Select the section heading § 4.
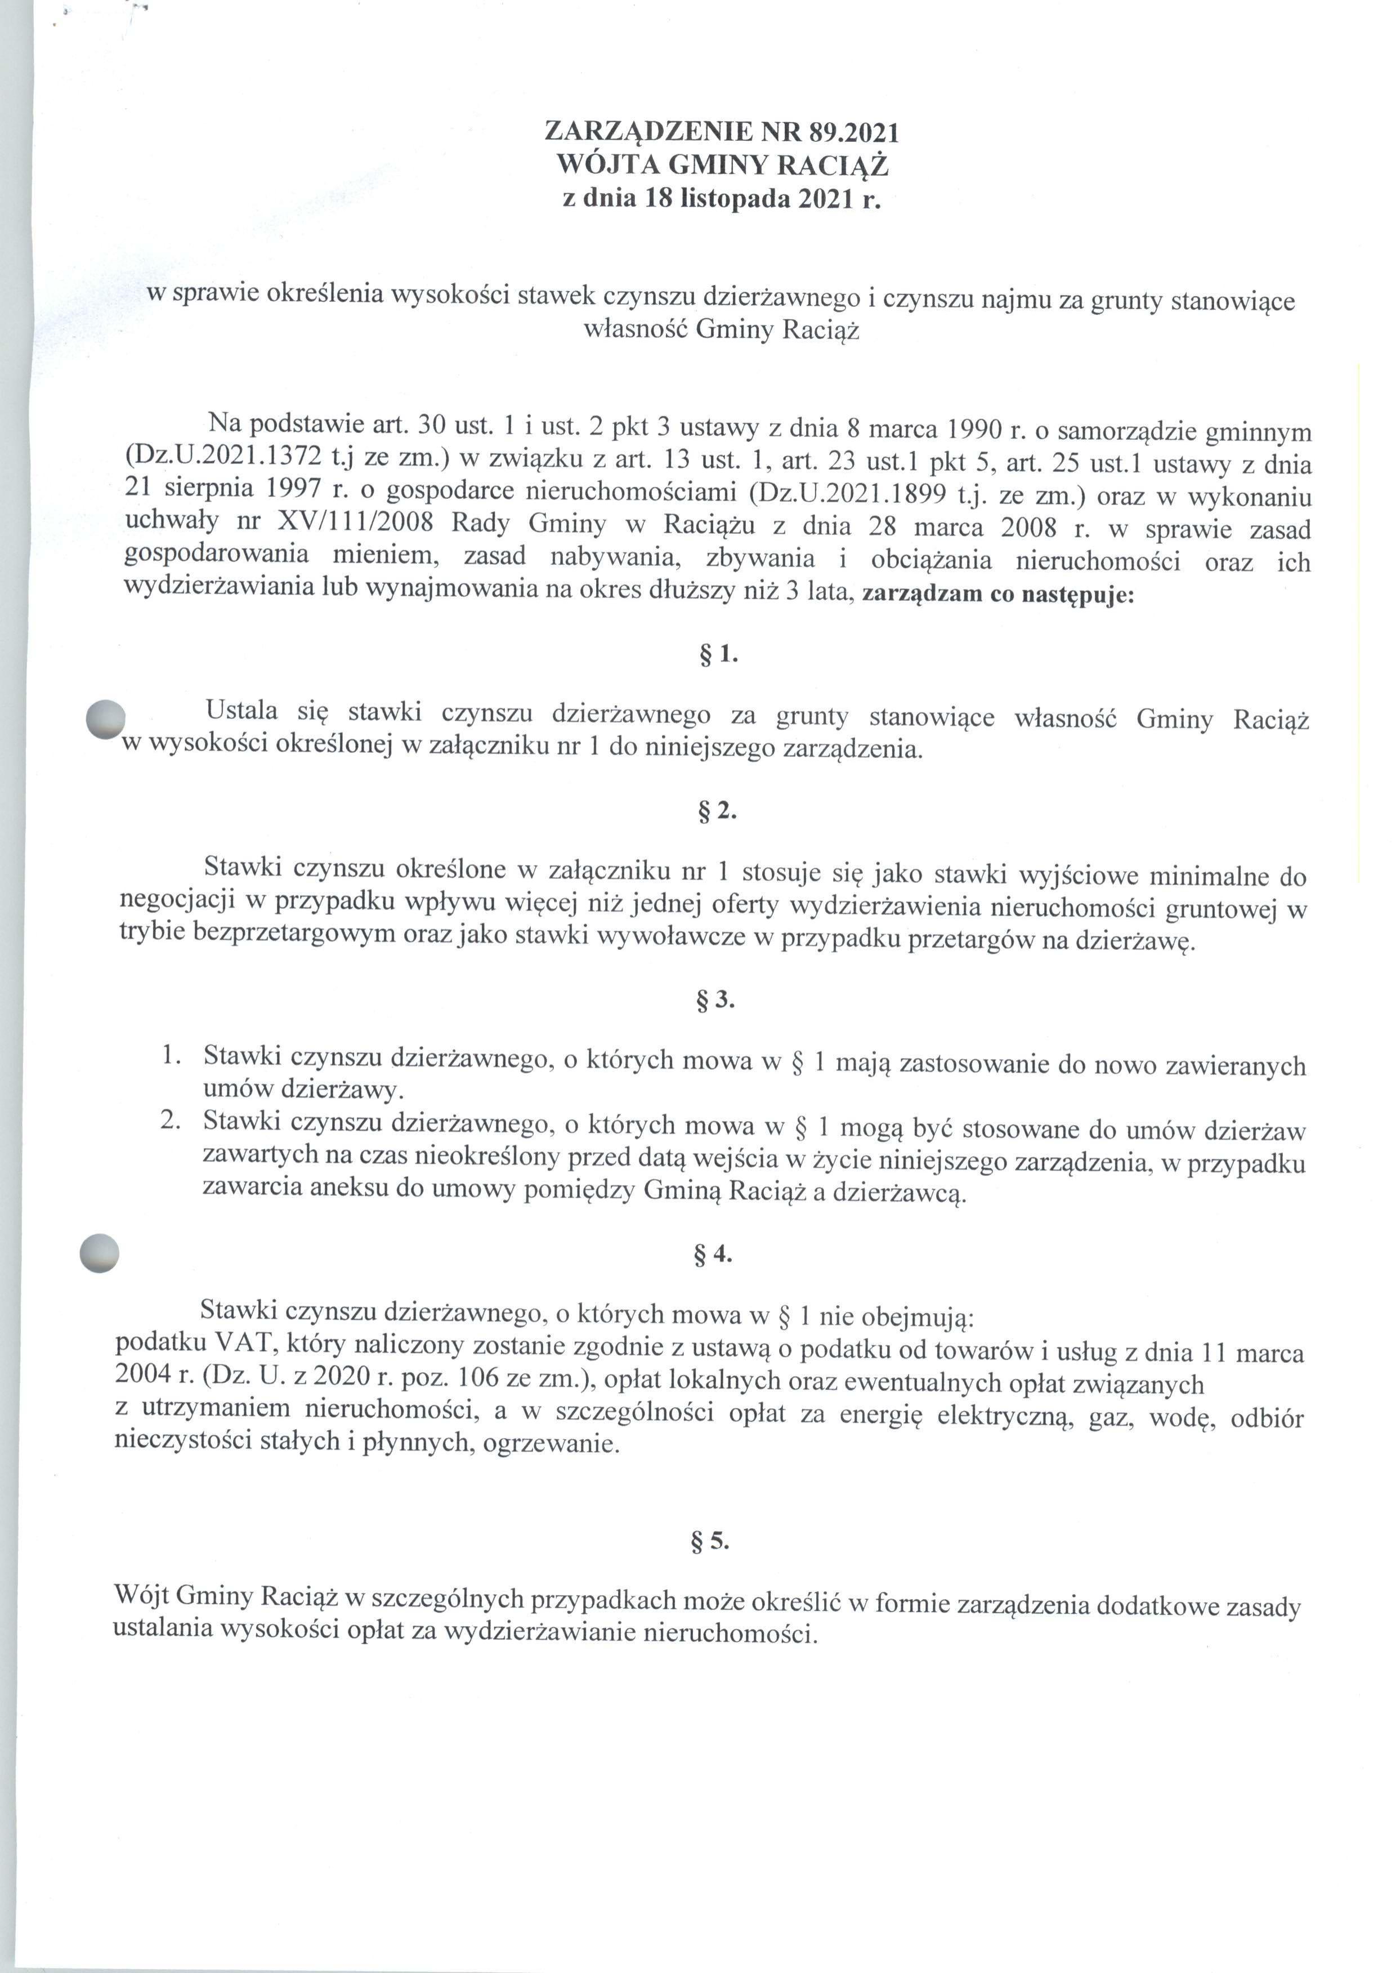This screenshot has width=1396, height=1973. [713, 1255]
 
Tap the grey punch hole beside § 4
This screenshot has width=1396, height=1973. [98, 1253]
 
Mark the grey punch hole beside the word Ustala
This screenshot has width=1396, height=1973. [106, 718]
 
